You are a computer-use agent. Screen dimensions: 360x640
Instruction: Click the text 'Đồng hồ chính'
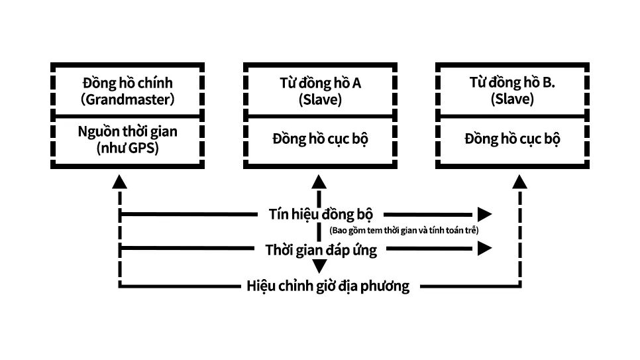pyautogui.click(x=127, y=84)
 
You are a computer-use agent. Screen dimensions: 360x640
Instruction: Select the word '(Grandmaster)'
pyautogui.click(x=127, y=99)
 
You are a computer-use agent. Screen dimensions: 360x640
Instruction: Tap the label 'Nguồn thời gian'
pyautogui.click(x=127, y=131)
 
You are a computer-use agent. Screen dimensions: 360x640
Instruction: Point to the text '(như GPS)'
pyautogui.click(x=127, y=147)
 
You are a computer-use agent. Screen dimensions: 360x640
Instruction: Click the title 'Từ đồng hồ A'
pyautogui.click(x=320, y=84)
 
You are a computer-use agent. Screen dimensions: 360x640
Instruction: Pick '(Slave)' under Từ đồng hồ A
pyautogui.click(x=320, y=99)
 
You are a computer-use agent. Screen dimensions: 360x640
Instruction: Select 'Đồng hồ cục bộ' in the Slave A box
pyautogui.click(x=320, y=140)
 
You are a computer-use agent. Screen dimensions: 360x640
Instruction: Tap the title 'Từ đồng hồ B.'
pyautogui.click(x=512, y=84)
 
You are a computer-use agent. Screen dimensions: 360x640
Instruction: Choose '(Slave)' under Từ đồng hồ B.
pyautogui.click(x=512, y=99)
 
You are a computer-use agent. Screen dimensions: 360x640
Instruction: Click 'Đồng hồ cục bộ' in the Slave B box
pyautogui.click(x=512, y=140)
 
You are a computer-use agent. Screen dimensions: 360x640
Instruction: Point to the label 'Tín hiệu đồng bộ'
pyautogui.click(x=321, y=214)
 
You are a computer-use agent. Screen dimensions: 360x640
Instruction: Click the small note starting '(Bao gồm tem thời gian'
pyautogui.click(x=403, y=230)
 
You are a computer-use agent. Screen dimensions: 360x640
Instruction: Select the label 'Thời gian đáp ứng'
pyautogui.click(x=321, y=250)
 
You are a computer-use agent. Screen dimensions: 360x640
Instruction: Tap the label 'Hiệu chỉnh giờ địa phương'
pyautogui.click(x=328, y=286)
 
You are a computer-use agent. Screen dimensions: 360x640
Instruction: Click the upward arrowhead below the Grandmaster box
pyautogui.click(x=119, y=182)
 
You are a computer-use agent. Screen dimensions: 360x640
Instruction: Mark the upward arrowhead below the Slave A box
pyautogui.click(x=319, y=182)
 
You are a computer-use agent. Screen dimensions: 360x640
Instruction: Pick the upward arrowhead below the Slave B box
pyautogui.click(x=520, y=182)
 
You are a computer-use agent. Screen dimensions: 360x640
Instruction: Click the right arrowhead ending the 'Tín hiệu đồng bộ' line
pyautogui.click(x=485, y=214)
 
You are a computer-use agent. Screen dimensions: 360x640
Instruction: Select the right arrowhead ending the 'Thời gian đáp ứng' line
pyautogui.click(x=485, y=249)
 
